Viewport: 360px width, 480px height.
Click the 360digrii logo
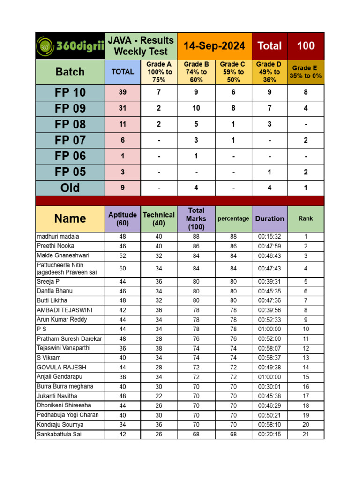(x=70, y=46)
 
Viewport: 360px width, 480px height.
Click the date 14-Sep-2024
(x=214, y=46)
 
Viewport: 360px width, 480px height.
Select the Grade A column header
(x=159, y=72)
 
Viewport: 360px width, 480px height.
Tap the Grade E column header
(x=306, y=72)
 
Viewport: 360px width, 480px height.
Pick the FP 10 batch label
(x=70, y=92)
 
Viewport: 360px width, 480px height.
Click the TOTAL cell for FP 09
(x=122, y=108)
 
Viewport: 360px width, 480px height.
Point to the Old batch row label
(x=70, y=188)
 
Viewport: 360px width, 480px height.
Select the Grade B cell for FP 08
(x=196, y=124)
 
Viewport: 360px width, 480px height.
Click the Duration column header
(x=270, y=218)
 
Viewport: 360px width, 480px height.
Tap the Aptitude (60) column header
(x=122, y=218)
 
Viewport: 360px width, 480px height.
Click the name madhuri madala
(x=58, y=236)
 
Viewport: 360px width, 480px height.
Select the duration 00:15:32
(x=270, y=237)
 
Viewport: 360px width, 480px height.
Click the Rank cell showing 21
(x=306, y=435)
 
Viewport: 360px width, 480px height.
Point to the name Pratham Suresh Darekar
(x=69, y=338)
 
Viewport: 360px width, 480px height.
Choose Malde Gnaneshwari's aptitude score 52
(x=122, y=256)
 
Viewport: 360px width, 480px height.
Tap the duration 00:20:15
(x=270, y=435)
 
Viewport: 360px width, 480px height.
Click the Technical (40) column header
(x=159, y=218)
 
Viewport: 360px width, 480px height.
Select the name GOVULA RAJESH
(x=61, y=367)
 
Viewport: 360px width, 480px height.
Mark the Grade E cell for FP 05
(x=306, y=172)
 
